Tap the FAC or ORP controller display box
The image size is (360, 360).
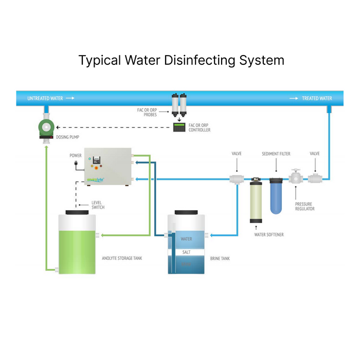point(179,127)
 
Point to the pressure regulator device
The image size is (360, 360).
point(296,178)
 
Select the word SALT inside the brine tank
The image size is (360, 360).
point(186,252)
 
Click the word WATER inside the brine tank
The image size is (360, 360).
point(186,239)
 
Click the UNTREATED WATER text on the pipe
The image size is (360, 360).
point(44,98)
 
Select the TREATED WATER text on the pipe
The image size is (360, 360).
point(317,98)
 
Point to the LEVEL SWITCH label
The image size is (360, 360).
point(98,205)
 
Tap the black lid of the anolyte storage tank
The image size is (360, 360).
point(78,210)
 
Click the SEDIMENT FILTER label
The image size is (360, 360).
point(277,153)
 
